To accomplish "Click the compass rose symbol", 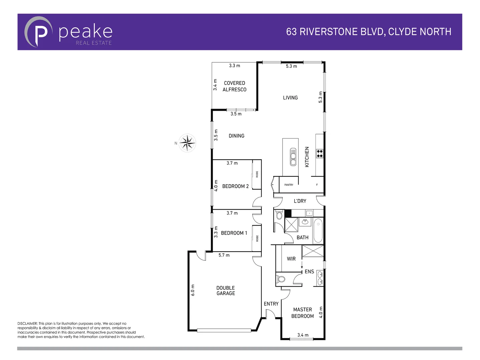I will tap(187, 143).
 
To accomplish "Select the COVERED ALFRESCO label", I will tap(234, 86).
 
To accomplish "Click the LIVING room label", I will tap(290, 98).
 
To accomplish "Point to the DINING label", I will tap(236, 136).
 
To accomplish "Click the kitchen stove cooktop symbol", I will tap(320, 154).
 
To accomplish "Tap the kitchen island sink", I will tap(293, 157).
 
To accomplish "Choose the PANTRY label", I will tap(289, 185).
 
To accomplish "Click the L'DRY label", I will tap(300, 201).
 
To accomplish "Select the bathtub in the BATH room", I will tap(318, 230).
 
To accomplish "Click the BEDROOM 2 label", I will tap(235, 186).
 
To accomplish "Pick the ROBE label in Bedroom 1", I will tap(257, 238).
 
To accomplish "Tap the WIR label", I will tap(291, 259).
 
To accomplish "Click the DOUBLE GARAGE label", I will tap(226, 291).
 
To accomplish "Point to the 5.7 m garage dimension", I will tap(224, 255).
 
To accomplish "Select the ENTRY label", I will tap(271, 304).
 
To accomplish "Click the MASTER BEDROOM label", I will tap(302, 313).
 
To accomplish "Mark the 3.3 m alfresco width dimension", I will tap(234, 66).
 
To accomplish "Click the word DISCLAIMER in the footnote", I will tap(27, 324).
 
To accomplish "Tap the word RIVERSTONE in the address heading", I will tap(329, 32).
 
